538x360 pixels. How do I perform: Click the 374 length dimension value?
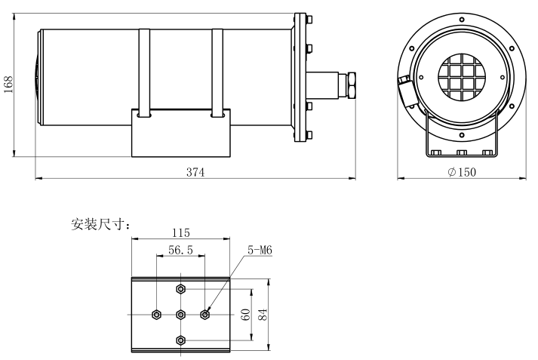[195, 171]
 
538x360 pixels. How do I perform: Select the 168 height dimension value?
[8, 83]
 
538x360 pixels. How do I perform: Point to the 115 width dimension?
[180, 232]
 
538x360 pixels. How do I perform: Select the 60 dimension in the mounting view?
[245, 314]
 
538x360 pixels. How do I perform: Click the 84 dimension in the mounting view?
[263, 314]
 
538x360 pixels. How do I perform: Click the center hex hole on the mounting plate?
[180, 314]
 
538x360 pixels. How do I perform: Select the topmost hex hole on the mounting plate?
[180, 288]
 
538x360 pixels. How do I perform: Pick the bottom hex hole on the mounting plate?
[180, 340]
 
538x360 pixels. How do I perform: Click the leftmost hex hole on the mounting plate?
[155, 314]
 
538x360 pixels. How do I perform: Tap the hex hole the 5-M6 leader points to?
[204, 314]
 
